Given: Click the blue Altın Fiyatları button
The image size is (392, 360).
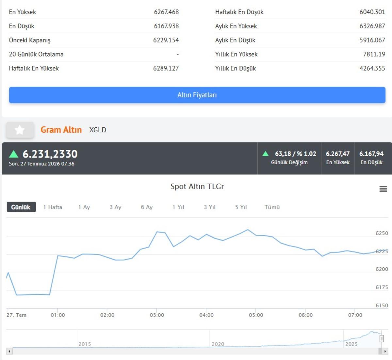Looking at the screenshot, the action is (x=197, y=95).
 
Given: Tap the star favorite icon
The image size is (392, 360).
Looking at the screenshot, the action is (x=20, y=130).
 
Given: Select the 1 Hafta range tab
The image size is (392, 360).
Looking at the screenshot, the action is (x=53, y=207).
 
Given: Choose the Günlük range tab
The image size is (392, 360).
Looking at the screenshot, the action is (x=21, y=207).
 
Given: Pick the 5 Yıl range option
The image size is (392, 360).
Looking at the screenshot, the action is (x=241, y=207).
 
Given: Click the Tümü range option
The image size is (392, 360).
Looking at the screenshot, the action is (x=272, y=207).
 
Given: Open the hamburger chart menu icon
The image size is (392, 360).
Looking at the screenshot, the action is (x=383, y=189).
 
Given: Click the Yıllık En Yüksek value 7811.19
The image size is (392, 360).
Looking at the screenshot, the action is (x=374, y=54).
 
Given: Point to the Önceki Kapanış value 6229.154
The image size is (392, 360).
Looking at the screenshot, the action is (x=166, y=40).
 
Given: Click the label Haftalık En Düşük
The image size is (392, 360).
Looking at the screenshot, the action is (x=239, y=12).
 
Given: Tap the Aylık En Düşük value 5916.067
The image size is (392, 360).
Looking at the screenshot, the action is (x=372, y=40).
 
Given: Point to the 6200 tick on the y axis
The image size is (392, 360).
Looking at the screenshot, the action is (x=382, y=269).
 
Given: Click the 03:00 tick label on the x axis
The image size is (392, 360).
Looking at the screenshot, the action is (x=157, y=315).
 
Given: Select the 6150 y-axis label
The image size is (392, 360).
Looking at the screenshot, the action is (x=382, y=305).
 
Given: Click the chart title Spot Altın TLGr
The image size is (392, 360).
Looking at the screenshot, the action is (x=197, y=187).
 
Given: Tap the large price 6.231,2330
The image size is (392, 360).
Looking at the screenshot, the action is (x=50, y=154).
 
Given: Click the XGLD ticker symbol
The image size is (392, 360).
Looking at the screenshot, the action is (x=98, y=130).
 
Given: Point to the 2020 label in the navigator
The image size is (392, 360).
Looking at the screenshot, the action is (x=218, y=344).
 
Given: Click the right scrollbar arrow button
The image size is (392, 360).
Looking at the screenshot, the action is (x=385, y=351).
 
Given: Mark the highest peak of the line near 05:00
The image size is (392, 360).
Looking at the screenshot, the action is (x=248, y=230).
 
